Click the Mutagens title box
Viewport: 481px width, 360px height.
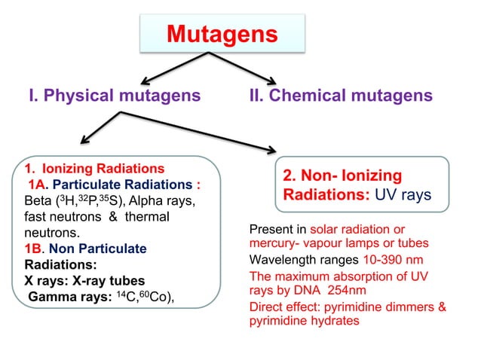coord(222,35)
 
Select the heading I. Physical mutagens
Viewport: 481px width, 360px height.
coord(115,96)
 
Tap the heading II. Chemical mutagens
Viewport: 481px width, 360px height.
coord(340,96)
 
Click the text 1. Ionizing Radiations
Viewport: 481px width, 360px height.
coord(95,168)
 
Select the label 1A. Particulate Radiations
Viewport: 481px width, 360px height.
coord(114,185)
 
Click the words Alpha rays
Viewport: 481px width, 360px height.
coord(164,201)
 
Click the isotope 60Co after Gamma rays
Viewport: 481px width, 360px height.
coord(155,296)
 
